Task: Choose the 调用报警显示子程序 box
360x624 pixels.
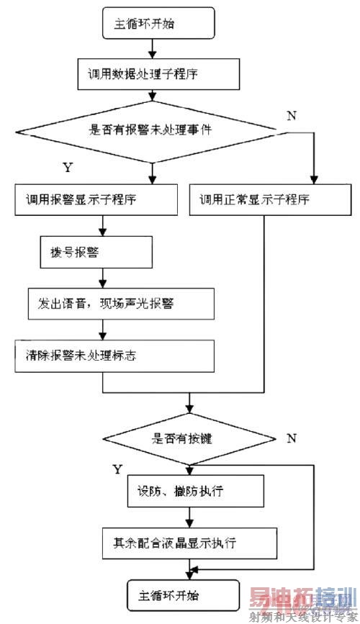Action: coord(94,202)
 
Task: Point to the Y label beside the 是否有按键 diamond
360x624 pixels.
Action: coord(117,469)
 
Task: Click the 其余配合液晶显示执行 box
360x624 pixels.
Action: coord(189,539)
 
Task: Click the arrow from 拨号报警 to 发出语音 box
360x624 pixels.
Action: coord(104,277)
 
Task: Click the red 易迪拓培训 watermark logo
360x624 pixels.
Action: coord(302,597)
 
